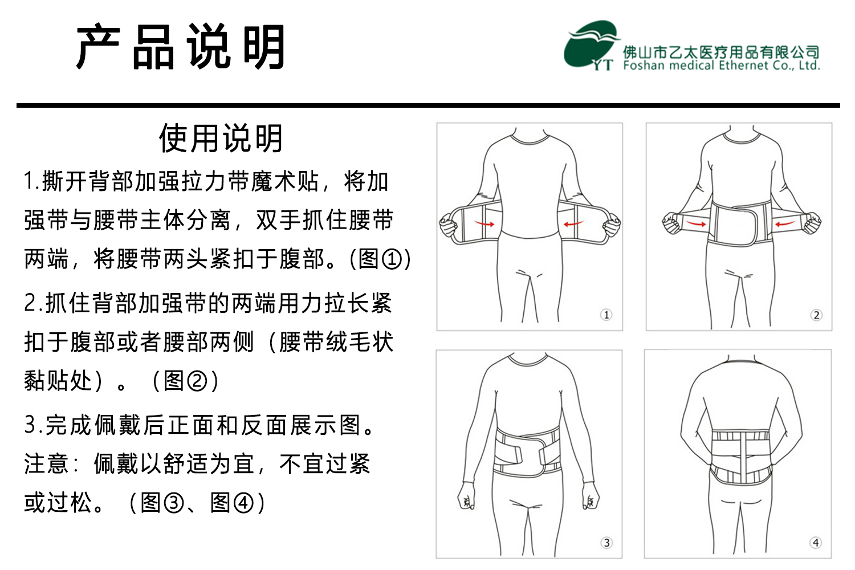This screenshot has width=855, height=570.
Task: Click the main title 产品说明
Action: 181,47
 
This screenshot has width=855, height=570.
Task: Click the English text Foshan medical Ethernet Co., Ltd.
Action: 722,66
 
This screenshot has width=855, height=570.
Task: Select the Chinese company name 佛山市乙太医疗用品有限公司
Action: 722,52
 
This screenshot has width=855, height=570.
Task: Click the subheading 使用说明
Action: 221,138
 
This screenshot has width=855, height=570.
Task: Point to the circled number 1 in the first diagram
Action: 606,315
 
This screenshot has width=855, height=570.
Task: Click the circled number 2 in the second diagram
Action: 816,315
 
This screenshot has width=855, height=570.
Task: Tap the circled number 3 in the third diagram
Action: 606,543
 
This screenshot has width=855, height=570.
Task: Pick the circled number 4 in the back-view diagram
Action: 815,543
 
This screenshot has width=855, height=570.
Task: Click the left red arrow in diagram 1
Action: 484,223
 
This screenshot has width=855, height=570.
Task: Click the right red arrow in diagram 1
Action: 573,223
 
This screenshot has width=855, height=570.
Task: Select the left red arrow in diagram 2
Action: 695,223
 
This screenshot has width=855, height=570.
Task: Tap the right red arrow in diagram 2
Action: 785,223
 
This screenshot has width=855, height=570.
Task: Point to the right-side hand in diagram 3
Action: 590,495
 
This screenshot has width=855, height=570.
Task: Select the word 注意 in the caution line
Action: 46,464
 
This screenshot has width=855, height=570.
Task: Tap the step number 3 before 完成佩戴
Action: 30,425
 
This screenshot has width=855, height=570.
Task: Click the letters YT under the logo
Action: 602,65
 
